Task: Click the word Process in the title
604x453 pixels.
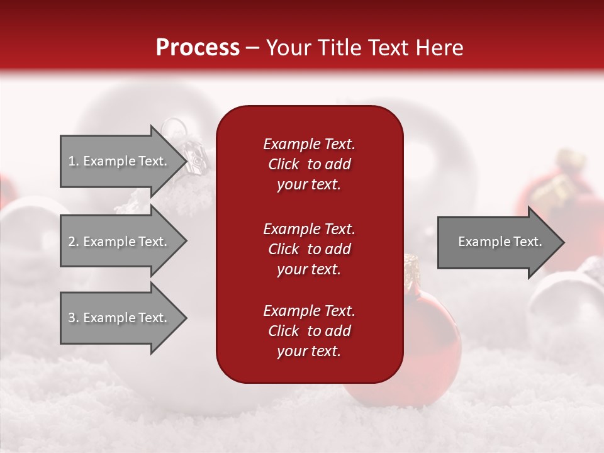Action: (x=198, y=48)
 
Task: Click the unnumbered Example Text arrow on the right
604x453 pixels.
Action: (x=497, y=242)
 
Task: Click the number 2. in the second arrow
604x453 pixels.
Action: (x=73, y=242)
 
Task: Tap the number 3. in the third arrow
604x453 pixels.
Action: (x=73, y=318)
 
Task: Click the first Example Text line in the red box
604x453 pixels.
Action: (x=309, y=144)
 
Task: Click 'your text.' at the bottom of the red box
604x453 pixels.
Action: (x=309, y=351)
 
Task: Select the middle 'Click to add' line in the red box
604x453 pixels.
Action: (x=309, y=249)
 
